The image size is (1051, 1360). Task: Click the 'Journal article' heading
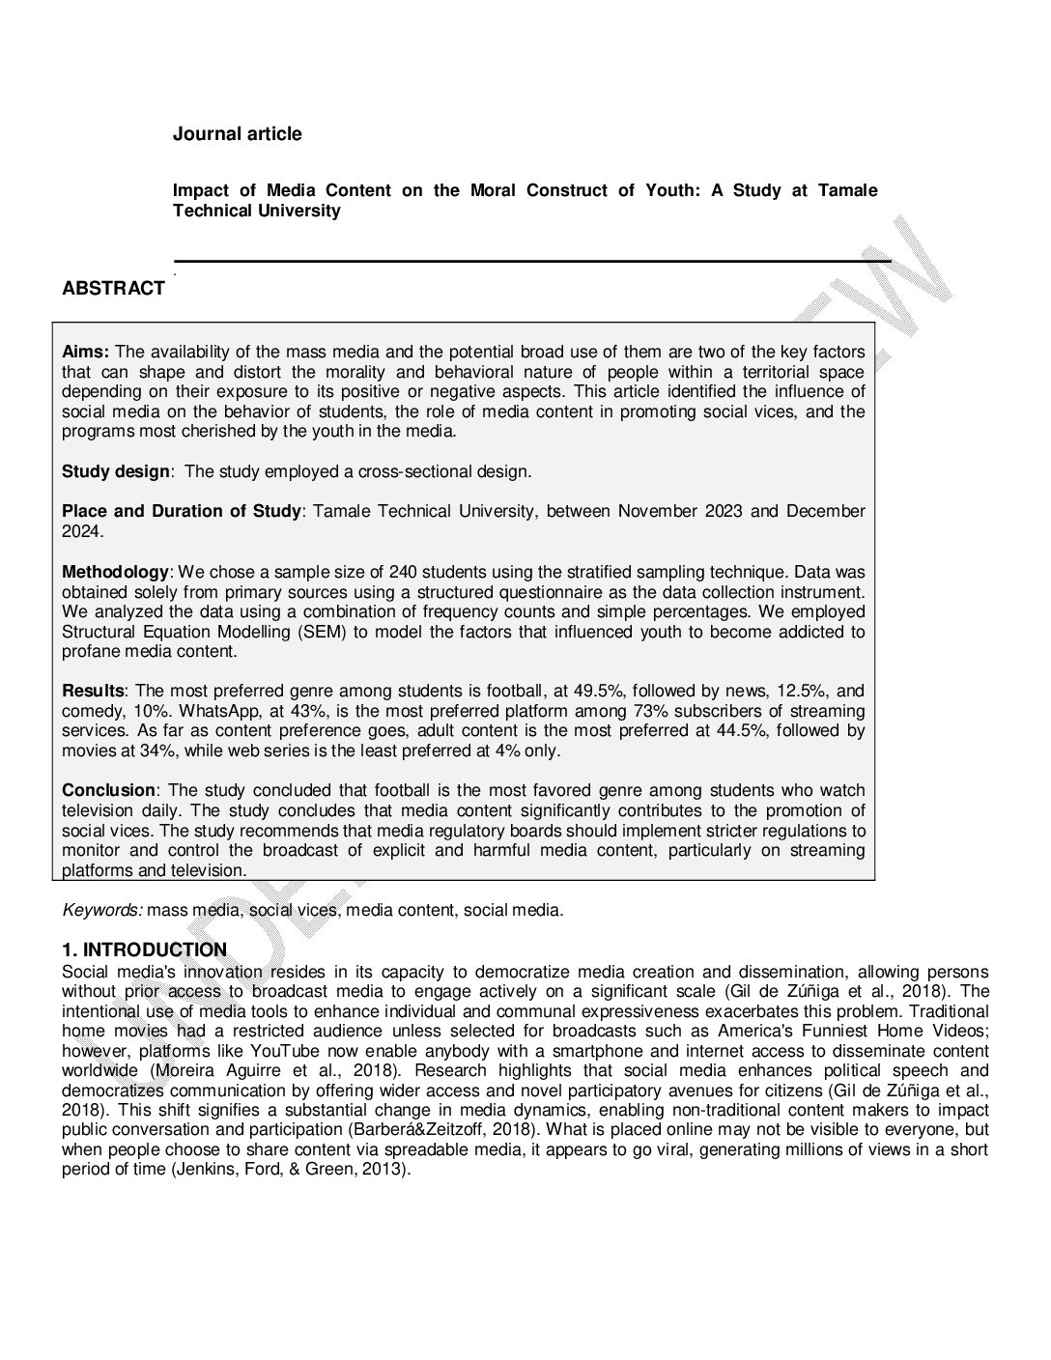(x=237, y=134)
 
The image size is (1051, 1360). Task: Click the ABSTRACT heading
(x=113, y=289)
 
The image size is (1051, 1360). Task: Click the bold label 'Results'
(x=93, y=691)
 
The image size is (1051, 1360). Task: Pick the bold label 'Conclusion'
(x=108, y=790)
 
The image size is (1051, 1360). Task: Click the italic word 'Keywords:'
(x=102, y=910)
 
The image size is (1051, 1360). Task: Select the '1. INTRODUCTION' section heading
(x=144, y=949)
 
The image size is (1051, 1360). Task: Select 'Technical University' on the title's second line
(x=256, y=211)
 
